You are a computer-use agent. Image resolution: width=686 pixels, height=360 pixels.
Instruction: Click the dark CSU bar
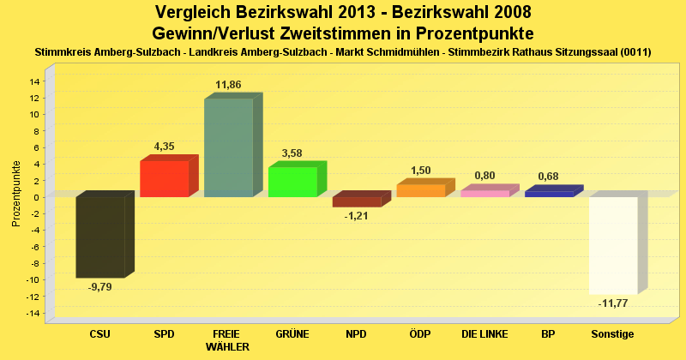point(100,237)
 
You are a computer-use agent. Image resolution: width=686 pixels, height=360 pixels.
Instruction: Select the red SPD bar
point(164,178)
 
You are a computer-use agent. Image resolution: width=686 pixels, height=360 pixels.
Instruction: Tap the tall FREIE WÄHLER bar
point(228,147)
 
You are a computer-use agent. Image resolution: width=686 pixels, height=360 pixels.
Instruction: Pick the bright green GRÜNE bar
point(292,182)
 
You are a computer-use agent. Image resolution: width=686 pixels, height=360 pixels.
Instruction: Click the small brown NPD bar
point(357,201)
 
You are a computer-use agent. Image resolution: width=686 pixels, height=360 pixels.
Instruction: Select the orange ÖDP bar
point(421,190)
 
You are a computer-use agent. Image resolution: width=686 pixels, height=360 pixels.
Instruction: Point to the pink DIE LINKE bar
point(484,193)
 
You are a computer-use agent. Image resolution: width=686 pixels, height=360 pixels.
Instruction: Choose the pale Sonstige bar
point(613,245)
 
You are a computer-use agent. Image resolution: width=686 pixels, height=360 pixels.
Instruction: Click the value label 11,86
point(228,85)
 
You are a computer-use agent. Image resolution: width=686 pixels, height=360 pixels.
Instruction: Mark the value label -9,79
point(99,286)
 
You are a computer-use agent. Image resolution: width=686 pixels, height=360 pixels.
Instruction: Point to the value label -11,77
point(613,303)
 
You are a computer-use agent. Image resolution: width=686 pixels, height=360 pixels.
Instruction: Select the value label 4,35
point(164,147)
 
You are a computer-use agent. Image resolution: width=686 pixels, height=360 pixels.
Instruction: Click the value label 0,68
point(549,177)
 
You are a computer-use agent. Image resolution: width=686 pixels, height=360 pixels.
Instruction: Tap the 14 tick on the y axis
point(35,81)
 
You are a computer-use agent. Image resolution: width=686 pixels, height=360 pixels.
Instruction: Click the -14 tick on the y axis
point(33,314)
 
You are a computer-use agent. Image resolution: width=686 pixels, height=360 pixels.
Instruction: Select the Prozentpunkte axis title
point(16,193)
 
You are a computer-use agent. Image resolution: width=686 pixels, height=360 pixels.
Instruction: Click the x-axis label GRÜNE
point(292,333)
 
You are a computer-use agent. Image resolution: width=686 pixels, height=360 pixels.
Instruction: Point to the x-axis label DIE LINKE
point(484,333)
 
